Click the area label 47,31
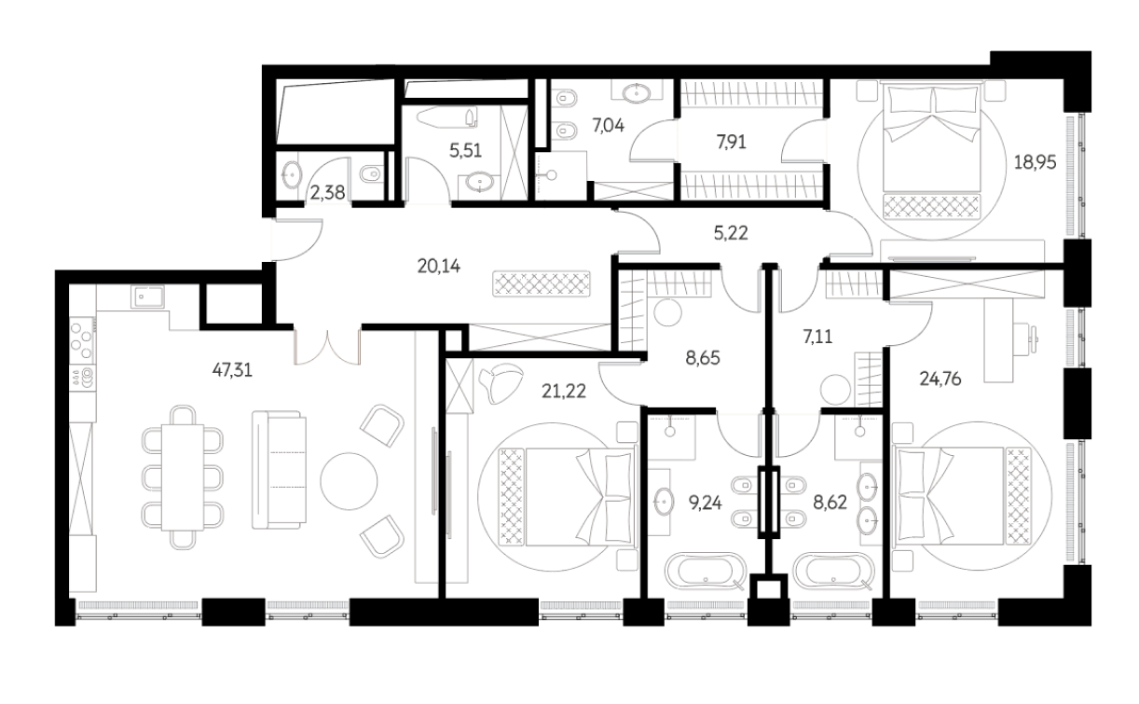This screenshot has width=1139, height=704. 232,370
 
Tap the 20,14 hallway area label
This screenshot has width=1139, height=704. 438,266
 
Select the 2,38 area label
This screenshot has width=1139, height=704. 327,193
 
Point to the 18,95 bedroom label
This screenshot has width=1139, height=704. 1035,162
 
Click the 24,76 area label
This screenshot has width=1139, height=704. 940,379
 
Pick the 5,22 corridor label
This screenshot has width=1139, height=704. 731,233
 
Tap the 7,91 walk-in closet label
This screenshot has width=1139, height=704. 731,142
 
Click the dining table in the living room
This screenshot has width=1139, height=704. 183,477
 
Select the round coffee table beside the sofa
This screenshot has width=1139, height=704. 349,481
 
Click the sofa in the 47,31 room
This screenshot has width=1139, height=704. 279,470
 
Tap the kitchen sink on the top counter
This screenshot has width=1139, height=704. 147,297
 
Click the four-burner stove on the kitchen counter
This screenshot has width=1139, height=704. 82,338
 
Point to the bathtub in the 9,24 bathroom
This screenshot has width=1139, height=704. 706,572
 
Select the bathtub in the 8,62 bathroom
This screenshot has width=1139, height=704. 834,572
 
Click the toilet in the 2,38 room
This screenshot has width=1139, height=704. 372,174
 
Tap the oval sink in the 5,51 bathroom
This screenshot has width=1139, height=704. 479,182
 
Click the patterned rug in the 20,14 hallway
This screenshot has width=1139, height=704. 542,283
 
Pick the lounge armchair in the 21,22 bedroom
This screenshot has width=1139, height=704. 501,383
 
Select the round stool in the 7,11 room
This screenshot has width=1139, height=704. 835,390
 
